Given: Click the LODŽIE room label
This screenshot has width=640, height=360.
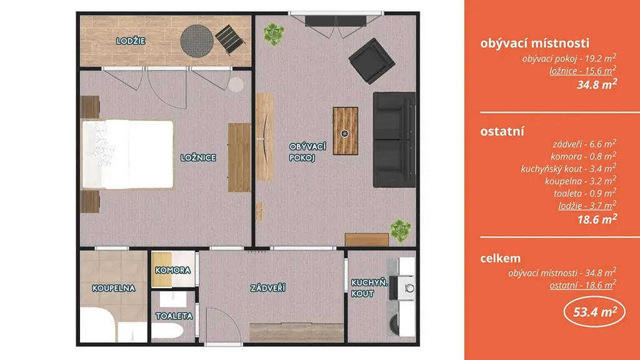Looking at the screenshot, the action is click(131, 41).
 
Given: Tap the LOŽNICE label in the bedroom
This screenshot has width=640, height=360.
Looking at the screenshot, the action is click(198, 157).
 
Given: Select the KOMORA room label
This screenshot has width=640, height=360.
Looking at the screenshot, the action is click(172, 270).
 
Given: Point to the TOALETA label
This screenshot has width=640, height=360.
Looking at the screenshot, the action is click(174, 316).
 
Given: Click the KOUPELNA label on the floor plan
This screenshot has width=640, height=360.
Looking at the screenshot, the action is click(114, 288).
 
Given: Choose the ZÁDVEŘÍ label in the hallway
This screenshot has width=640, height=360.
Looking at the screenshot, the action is click(267, 288).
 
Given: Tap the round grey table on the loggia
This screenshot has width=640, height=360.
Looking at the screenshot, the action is click(197, 41).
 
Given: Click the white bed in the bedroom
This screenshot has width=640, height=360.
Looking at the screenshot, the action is click(127, 155).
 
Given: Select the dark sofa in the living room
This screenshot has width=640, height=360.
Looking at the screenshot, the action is click(394, 139).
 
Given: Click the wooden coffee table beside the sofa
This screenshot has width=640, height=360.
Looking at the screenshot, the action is click(345, 131).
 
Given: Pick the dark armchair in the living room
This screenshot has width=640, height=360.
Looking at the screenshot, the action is click(371, 61).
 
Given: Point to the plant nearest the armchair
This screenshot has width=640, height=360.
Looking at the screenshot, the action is click(274, 34).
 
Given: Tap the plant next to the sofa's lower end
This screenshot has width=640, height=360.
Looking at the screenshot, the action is click(401, 231).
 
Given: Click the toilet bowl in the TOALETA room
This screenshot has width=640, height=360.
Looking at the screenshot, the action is click(167, 330).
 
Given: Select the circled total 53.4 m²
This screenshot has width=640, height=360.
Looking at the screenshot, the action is click(595, 312).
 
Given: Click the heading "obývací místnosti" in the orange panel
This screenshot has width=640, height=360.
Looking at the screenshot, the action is click(535, 43).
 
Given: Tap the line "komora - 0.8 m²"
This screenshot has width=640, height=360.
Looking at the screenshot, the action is click(583, 156).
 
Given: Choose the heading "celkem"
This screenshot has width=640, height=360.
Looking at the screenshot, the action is click(501, 258).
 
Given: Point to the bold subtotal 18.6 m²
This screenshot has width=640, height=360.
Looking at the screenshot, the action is click(597, 219).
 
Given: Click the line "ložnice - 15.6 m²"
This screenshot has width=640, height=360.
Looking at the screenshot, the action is click(583, 71).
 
